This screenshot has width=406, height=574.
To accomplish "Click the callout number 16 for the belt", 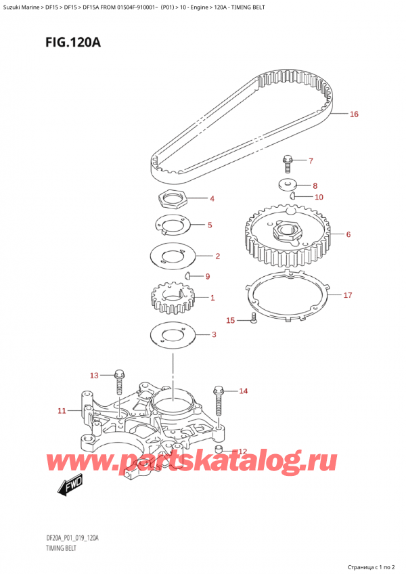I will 353,114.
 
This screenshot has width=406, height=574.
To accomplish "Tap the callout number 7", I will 311,161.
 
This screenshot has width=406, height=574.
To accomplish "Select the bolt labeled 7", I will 287,163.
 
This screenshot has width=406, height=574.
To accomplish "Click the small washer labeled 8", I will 289,184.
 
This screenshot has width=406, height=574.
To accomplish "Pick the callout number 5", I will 209,225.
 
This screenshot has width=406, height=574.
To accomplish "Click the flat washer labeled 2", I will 171,257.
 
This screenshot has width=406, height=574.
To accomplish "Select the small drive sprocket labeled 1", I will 168,299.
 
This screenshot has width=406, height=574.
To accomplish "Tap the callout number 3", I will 214,334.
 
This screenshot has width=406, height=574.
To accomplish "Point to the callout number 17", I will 348,295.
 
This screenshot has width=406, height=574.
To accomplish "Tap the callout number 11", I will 62,410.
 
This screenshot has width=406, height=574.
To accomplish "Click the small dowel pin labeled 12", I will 219,449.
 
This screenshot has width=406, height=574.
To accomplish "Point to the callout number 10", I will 319,197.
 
